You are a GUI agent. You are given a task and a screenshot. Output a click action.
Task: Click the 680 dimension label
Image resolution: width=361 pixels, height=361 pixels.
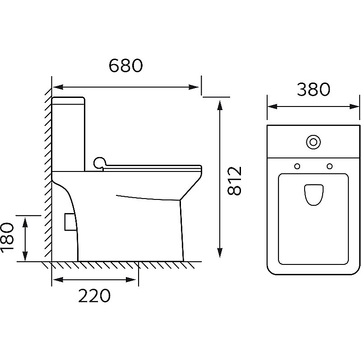pos(126,65)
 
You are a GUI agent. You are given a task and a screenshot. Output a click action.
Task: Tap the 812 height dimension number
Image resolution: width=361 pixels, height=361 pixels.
pos(234,181)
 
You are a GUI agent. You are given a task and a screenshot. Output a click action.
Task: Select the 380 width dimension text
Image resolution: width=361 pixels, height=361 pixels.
pos(313,89)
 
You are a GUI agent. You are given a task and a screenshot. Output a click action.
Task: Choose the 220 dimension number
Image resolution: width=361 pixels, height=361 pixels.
pos(94,296)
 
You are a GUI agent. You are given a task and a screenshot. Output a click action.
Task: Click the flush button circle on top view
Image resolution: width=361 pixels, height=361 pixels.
pos(313,142)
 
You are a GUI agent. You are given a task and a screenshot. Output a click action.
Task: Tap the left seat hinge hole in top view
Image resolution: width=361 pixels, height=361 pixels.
pos(297,166)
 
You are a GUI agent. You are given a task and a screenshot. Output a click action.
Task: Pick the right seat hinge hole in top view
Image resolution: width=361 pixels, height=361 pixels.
pos(330,166)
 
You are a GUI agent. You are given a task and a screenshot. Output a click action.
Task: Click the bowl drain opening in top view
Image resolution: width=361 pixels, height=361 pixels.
pos(313,194)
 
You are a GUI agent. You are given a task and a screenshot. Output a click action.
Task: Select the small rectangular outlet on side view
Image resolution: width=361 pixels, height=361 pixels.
pos(70,222)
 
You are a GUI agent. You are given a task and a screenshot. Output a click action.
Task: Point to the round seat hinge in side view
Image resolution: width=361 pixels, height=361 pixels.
pos(99,163)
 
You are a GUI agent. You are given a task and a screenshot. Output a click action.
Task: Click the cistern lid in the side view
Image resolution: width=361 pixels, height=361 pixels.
pos(69,101)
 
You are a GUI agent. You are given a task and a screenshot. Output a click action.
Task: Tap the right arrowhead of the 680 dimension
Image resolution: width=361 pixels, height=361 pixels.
pos(194,87)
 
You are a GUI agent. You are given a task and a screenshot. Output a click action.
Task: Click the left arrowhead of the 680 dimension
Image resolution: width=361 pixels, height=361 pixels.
pos(58,87)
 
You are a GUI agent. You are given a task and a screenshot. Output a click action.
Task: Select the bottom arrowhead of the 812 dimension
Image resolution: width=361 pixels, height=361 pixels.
pos(220,253)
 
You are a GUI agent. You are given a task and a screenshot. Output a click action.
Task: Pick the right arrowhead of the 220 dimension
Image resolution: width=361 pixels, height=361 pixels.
pos(130,280)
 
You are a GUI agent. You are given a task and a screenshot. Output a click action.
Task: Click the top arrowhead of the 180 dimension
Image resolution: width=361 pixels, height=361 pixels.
pos(25,222)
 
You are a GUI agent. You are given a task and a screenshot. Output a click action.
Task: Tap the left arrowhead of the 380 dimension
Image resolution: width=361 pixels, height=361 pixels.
pos(273,106)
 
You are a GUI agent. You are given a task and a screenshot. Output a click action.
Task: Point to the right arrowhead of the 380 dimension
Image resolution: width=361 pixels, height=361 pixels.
pos(354,106)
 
